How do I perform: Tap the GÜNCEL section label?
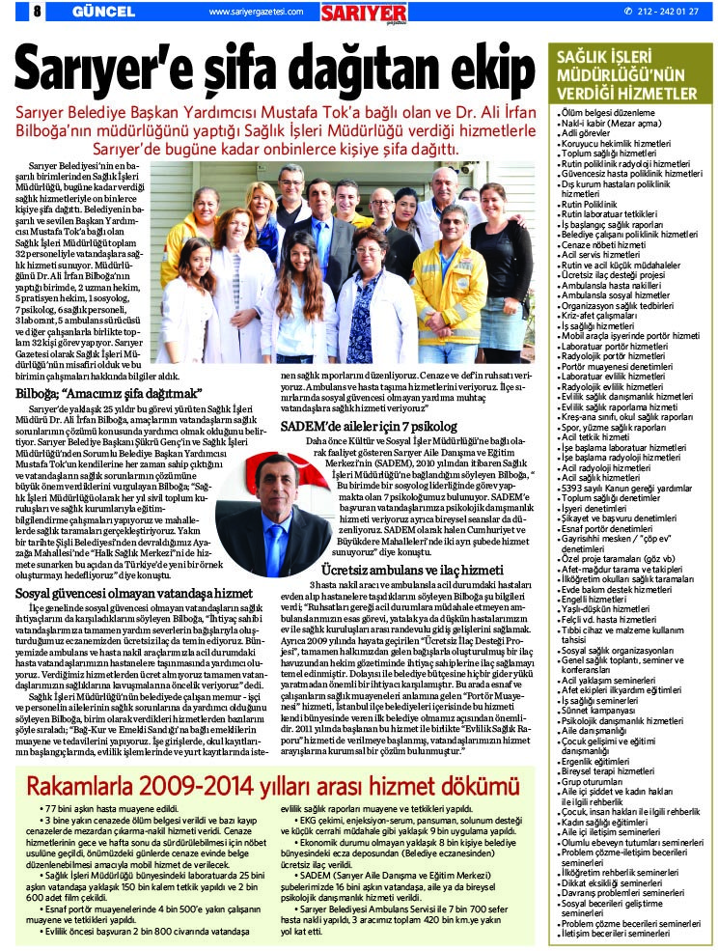click(x=97, y=11)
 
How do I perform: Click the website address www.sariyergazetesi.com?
click(x=255, y=12)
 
